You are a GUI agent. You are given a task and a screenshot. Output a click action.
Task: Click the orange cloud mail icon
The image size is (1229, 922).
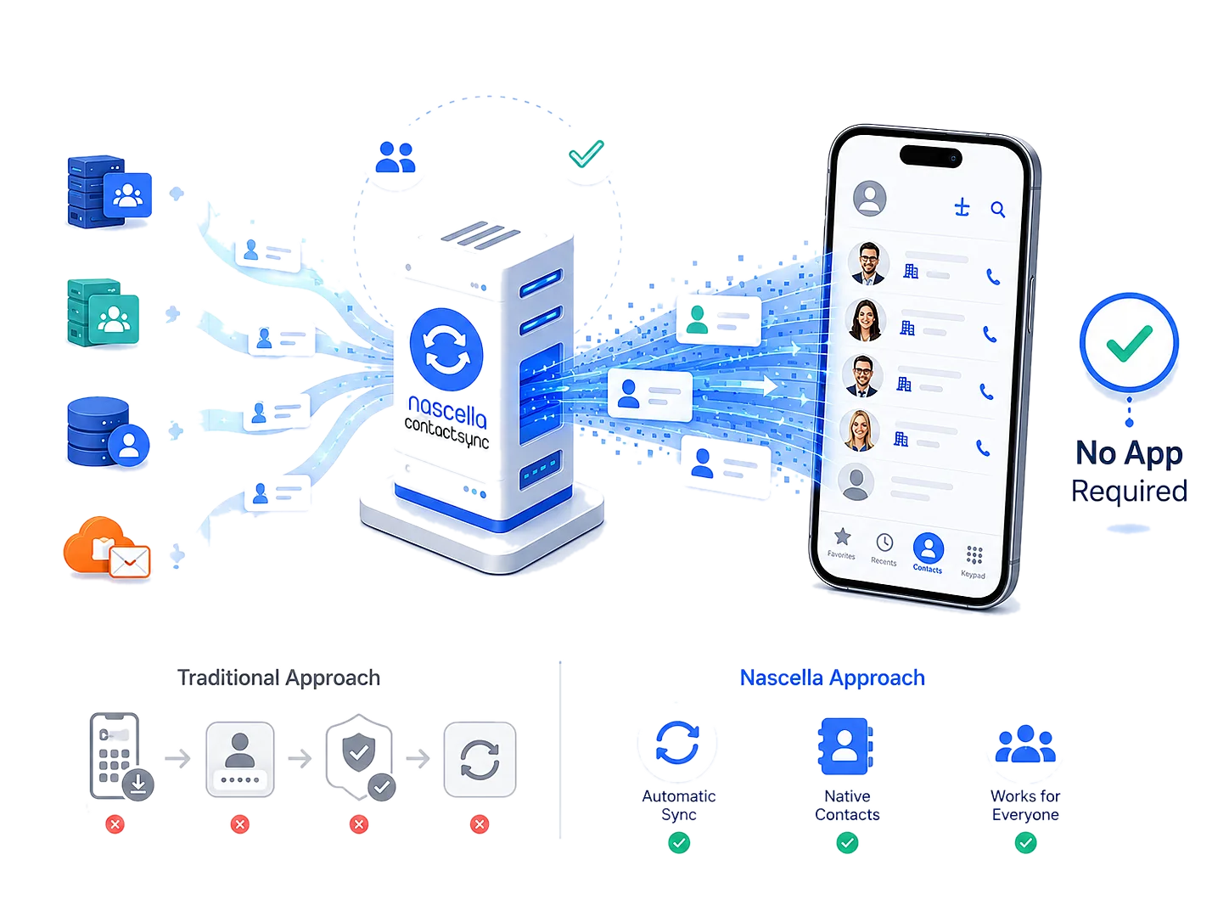coord(106,548)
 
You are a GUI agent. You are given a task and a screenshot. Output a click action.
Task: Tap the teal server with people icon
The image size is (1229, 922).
coord(103,312)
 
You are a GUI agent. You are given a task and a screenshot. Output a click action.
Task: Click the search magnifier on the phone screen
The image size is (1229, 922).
coord(998,210)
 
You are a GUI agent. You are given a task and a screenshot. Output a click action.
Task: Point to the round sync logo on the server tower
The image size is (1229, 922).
coord(446,349)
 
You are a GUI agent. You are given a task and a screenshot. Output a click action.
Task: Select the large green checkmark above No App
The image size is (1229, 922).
coord(1130,342)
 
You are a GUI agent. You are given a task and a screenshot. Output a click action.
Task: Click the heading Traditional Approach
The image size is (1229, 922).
coord(279,677)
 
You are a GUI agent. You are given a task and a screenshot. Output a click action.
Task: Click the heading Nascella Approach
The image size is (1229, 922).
coord(832,677)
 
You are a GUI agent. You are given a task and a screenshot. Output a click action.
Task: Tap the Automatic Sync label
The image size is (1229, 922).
coord(679,805)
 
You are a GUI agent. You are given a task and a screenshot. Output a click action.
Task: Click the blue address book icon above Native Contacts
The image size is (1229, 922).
coord(845,746)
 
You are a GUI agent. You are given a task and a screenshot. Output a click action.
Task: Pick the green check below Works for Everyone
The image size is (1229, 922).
coord(1025,842)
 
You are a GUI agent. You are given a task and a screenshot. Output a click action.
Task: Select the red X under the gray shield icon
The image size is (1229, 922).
coord(359,824)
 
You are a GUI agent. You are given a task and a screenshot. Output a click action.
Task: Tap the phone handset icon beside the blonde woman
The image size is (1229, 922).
coord(983,448)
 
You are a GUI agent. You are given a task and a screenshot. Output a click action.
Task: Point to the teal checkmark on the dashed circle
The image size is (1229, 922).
coord(586,154)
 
